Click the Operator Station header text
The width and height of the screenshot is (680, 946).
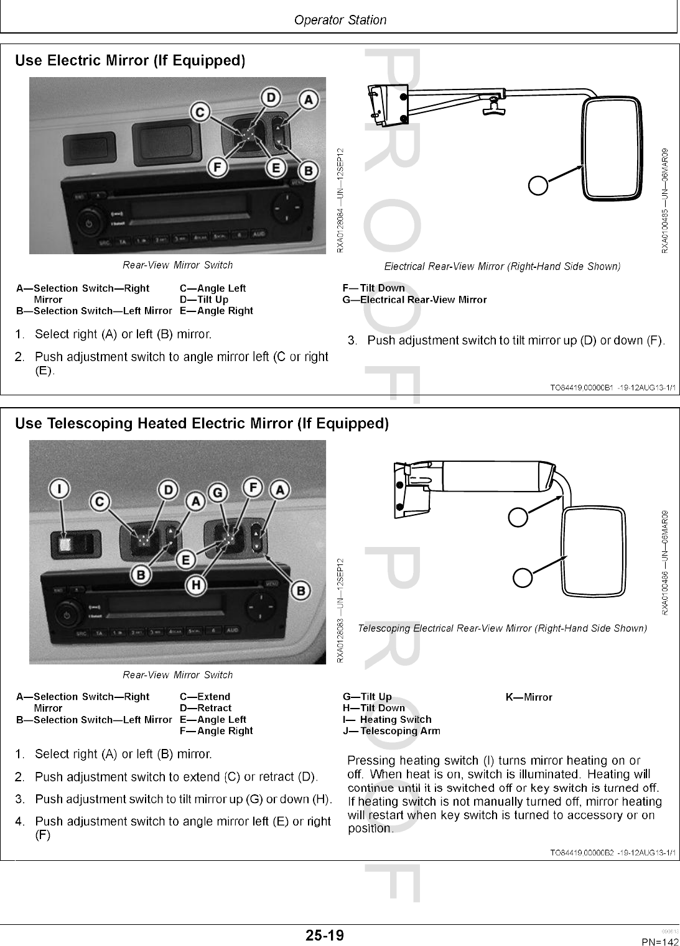point(340,20)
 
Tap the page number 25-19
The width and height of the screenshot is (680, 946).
point(324,935)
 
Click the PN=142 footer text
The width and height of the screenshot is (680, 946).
point(660,942)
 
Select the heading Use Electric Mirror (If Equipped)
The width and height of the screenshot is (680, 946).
point(130,60)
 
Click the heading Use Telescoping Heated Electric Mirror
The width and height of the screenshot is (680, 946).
point(202,423)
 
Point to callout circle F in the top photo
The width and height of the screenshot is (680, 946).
point(218,168)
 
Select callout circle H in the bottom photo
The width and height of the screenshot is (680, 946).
point(196,584)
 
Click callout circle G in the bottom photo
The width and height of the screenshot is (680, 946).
point(217,492)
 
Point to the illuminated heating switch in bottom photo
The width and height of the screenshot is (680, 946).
point(65,545)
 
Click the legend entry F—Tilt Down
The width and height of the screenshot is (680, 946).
point(373,288)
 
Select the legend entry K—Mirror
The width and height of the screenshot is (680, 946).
point(529,697)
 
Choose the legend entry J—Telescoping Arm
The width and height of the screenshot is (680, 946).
point(391,731)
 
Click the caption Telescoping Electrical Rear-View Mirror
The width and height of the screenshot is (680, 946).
point(502,628)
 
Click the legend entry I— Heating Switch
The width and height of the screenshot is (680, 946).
point(387,719)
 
